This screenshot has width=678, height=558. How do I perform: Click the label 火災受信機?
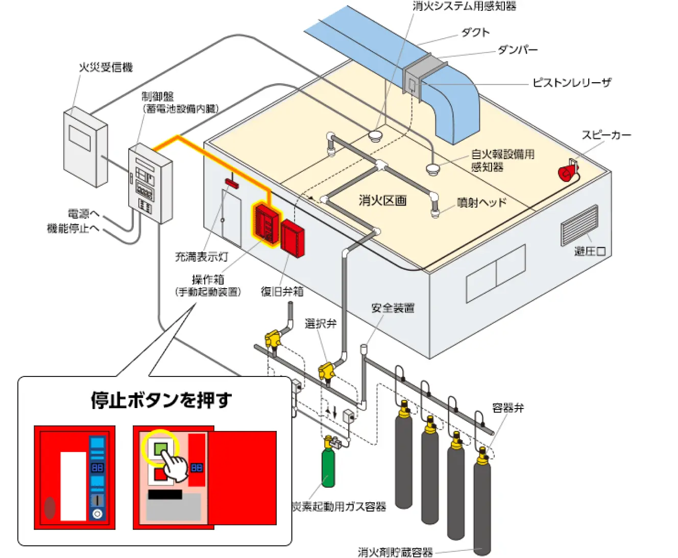[106, 67]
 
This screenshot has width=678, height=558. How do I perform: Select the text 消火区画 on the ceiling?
[382, 200]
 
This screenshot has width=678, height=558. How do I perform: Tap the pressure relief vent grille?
[579, 225]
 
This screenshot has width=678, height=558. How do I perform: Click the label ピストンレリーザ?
[571, 83]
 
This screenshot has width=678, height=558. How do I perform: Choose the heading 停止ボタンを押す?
[161, 400]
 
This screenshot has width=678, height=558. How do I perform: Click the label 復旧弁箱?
[282, 291]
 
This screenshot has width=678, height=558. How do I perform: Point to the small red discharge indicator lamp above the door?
[232, 183]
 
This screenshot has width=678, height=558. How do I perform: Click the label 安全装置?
[393, 308]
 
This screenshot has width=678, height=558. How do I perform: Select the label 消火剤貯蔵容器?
[395, 552]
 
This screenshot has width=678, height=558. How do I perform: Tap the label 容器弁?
[508, 408]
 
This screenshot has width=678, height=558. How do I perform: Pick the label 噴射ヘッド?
[482, 202]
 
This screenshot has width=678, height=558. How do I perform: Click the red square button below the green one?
[160, 474]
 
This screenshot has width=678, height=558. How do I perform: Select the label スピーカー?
[606, 135]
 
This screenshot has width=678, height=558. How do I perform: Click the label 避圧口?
[590, 251]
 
